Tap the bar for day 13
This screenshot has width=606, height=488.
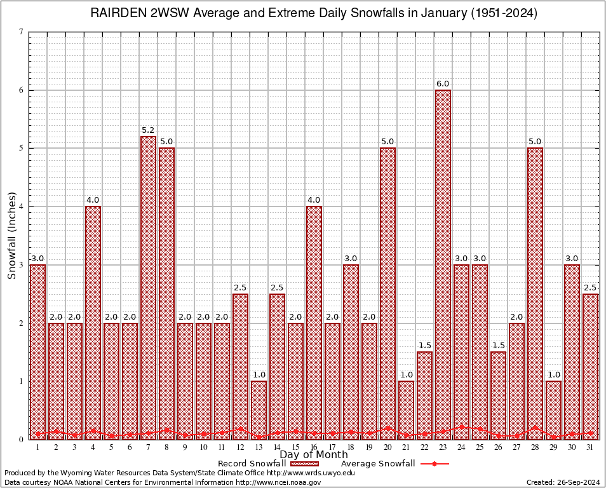[259, 410]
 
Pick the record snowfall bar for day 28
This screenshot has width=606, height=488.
[535, 293]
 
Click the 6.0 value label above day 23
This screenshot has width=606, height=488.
[443, 84]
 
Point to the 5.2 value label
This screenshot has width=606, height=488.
[148, 130]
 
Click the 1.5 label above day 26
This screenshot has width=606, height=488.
[498, 346]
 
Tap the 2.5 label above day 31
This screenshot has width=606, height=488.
[590, 288]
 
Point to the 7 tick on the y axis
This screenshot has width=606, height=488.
[22, 32]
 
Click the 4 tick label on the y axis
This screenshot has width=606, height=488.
[22, 207]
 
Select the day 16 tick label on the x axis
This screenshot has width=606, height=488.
[314, 447]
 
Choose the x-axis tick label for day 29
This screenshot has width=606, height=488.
[553, 447]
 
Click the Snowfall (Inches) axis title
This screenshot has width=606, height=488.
[12, 235]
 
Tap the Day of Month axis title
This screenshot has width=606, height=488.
[313, 455]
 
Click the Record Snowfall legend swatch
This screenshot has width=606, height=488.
[305, 464]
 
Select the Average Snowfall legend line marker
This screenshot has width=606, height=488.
[434, 464]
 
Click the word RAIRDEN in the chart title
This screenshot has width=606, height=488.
[116, 13]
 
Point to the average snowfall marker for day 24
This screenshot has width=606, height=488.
[461, 427]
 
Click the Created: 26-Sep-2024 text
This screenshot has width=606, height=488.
[563, 482]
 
